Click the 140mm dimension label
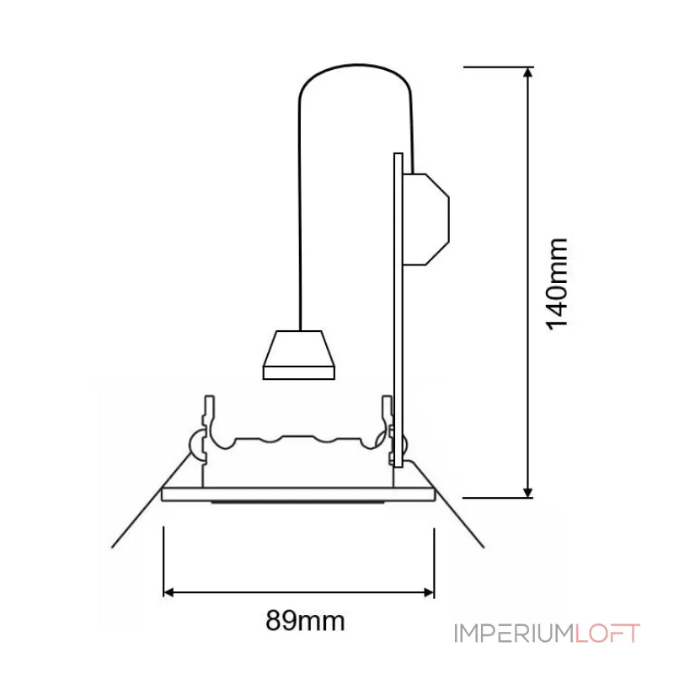point(558,283)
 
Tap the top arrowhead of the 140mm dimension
point(528,73)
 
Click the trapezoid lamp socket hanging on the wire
point(300,354)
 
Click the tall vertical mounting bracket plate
point(398,303)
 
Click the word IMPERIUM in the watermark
point(514,634)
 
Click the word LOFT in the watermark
point(608,634)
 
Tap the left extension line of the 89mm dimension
point(163,560)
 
